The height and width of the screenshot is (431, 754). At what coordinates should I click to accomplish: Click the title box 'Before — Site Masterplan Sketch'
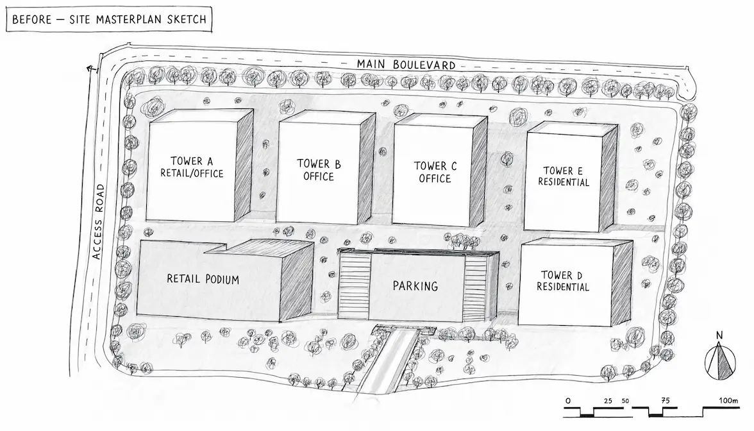[109, 19]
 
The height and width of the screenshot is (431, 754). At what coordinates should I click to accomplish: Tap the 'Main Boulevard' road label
[406, 64]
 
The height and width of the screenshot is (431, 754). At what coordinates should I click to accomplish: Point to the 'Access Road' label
[98, 221]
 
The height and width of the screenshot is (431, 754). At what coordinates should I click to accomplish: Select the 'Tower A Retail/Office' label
[192, 167]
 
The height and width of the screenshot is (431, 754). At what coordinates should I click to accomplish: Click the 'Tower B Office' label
[319, 170]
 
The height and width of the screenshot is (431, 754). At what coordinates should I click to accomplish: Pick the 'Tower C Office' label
[435, 172]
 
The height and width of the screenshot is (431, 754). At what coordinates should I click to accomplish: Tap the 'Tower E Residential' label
[564, 176]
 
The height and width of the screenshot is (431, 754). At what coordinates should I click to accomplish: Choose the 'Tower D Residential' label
[563, 281]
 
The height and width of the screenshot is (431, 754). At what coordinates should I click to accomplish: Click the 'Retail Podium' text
[203, 278]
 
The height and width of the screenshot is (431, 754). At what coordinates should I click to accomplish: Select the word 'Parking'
[415, 286]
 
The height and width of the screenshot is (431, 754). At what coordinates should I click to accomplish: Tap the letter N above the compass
[719, 335]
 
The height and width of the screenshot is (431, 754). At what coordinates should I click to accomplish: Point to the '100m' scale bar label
[728, 400]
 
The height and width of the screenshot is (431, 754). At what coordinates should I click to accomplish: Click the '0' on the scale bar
[568, 401]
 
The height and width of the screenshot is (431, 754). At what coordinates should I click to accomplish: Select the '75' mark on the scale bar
[665, 400]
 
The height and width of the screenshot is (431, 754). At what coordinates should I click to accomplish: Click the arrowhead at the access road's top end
[90, 68]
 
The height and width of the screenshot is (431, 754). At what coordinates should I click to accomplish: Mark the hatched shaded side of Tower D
[622, 283]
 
